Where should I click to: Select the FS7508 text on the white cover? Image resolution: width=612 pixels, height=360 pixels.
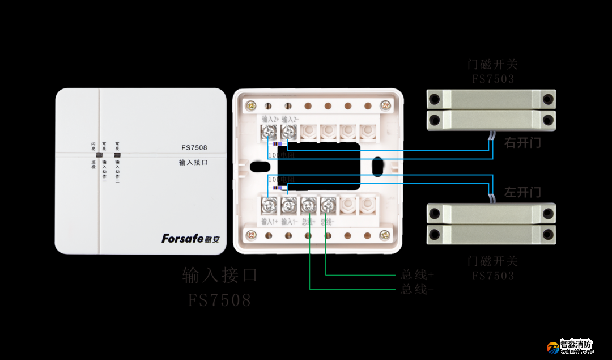tap(194, 148)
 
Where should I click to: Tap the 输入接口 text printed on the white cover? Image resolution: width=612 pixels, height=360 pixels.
tap(193, 162)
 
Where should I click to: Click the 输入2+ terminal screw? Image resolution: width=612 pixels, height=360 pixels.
tap(268, 133)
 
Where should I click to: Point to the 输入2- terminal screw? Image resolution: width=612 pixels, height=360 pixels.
tap(288, 133)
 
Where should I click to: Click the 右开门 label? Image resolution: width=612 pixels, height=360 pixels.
tap(522, 143)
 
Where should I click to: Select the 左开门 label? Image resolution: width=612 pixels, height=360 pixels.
tap(522, 192)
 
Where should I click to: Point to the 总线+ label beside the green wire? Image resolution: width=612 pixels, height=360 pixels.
tap(417, 275)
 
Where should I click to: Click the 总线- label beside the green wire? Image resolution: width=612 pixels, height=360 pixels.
tap(417, 289)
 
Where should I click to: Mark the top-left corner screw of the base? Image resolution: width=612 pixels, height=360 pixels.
tap(250, 105)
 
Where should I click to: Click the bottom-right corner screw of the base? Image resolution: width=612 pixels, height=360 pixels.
tap(385, 234)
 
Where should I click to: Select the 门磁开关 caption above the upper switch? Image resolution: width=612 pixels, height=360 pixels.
tap(492, 65)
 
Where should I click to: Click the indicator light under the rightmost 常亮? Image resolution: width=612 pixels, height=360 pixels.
tap(117, 154)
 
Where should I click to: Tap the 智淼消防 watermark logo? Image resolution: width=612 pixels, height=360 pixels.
tap(569, 346)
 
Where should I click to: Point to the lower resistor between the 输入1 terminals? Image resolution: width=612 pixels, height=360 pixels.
tap(277, 188)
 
